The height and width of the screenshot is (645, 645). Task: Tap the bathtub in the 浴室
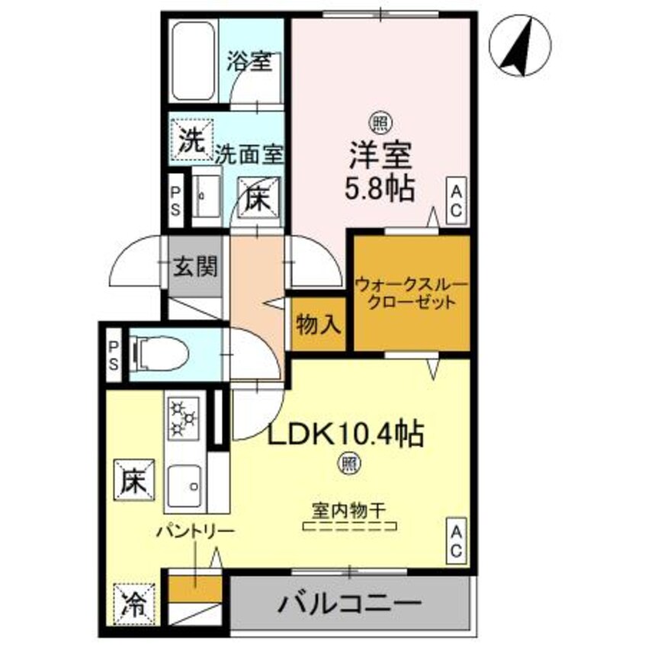(x=194, y=61)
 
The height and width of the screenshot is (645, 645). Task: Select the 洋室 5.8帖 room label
(x=380, y=171)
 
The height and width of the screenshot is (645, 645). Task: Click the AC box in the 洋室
(x=455, y=201)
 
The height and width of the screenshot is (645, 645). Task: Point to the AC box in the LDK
(x=455, y=540)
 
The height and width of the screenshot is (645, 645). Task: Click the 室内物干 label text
(x=349, y=507)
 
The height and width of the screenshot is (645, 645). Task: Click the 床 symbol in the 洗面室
(x=256, y=200)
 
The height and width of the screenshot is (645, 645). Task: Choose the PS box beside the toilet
(x=114, y=353)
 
